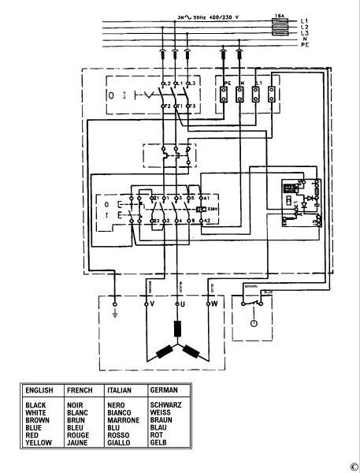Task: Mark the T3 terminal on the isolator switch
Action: pos(191,105)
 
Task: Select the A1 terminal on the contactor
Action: pos(206,197)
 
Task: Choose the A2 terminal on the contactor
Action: pos(206,222)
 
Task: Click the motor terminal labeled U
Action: pos(182,302)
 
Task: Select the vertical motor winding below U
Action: pos(177,328)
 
